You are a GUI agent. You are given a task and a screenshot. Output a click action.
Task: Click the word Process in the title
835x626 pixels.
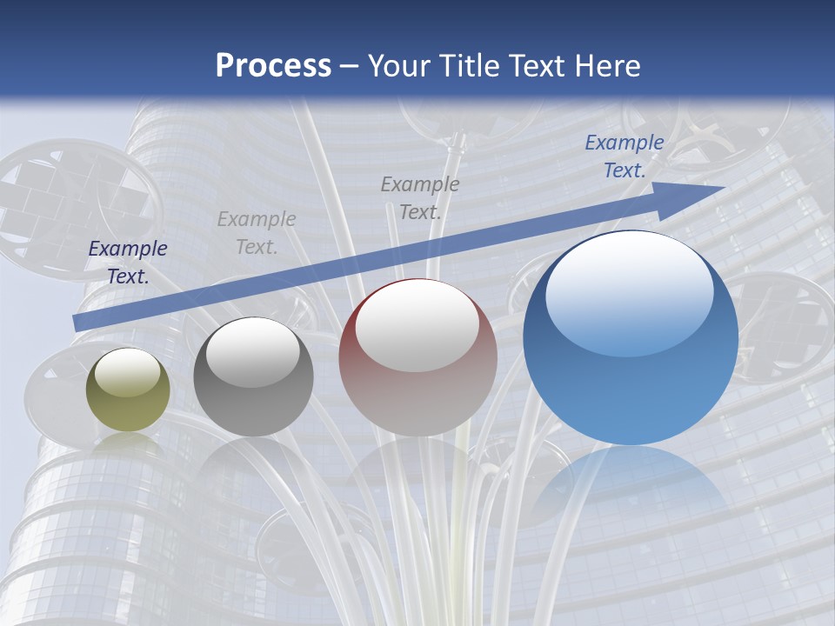point(273,65)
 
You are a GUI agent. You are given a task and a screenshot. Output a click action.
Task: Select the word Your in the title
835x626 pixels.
point(401,65)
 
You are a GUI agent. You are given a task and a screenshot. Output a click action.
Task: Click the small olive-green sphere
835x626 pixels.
point(128,390)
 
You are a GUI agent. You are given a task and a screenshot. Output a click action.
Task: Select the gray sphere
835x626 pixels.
point(253,377)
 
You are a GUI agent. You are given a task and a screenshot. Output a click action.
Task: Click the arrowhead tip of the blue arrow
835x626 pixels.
point(722,188)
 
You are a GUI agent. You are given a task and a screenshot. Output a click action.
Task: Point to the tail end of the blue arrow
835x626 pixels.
point(77,323)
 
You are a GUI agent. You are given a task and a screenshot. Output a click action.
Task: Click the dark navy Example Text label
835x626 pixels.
point(128,263)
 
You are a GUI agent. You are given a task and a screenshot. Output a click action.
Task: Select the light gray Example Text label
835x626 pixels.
point(257,233)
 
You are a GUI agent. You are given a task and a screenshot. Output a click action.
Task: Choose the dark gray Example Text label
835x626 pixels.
point(420,197)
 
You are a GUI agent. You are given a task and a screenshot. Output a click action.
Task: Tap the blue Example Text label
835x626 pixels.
point(625,156)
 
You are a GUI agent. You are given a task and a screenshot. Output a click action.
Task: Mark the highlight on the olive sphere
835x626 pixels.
point(128,372)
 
